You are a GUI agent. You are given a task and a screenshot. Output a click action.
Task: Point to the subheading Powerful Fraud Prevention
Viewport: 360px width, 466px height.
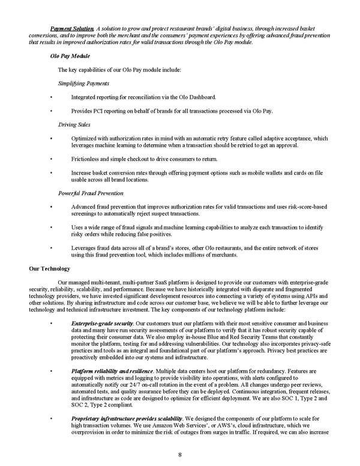91,193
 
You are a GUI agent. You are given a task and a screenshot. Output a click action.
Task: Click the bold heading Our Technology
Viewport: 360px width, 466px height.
50,268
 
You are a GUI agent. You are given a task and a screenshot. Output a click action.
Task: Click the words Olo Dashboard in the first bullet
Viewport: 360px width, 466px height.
198,97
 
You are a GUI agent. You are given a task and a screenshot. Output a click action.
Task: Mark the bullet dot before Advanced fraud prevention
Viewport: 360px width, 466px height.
53,207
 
